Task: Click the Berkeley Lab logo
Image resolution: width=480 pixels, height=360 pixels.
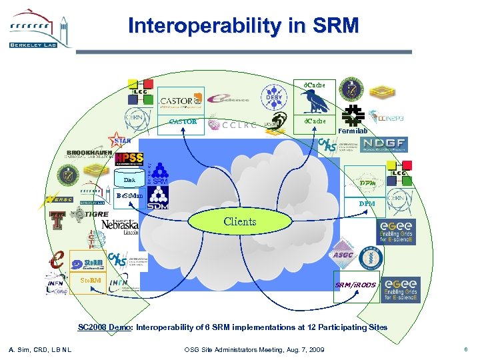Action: click(x=39, y=28)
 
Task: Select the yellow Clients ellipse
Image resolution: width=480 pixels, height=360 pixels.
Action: click(x=240, y=221)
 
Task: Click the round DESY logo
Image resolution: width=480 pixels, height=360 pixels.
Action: click(x=275, y=97)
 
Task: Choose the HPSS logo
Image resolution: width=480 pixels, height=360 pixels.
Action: click(x=129, y=158)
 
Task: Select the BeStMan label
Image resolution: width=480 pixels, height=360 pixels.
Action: click(x=129, y=196)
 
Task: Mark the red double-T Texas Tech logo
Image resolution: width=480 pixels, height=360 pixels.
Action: click(x=57, y=220)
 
